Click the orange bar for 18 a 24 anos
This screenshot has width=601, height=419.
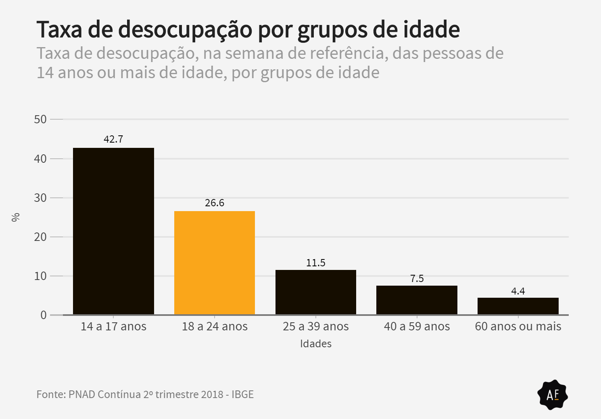click(x=215, y=263)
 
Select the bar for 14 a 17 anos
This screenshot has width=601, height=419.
click(x=113, y=231)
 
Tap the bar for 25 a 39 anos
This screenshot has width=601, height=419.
click(x=316, y=292)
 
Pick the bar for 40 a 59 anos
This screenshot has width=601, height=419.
click(x=417, y=300)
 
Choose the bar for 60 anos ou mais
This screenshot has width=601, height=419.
click(x=518, y=306)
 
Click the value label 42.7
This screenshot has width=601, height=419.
click(x=113, y=139)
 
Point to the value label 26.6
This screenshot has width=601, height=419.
click(x=215, y=203)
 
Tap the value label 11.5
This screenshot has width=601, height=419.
click(x=316, y=263)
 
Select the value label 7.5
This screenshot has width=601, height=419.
click(x=417, y=278)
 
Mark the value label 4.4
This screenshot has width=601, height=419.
click(x=518, y=291)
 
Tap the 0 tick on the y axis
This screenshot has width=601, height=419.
click(x=44, y=315)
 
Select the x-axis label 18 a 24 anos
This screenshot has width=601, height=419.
click(x=215, y=326)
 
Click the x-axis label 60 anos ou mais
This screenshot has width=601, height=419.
click(x=518, y=326)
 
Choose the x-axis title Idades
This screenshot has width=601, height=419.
click(x=316, y=344)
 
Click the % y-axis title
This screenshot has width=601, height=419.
click(x=16, y=217)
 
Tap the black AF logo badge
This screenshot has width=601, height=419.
click(x=553, y=395)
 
